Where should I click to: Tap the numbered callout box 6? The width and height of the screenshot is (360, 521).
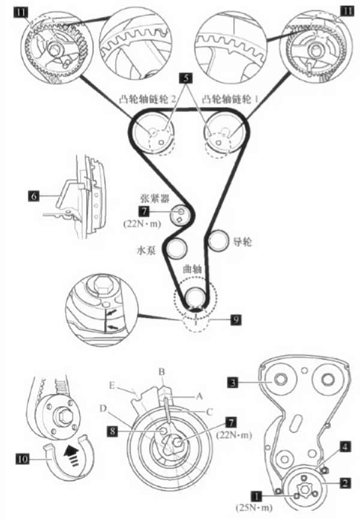(34, 194)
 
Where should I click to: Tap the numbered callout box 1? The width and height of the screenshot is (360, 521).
(257, 496)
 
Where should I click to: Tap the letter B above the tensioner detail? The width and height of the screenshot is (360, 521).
(161, 372)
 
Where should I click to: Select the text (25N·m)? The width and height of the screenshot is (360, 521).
(255, 509)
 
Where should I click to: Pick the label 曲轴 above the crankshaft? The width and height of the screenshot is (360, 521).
(193, 271)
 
